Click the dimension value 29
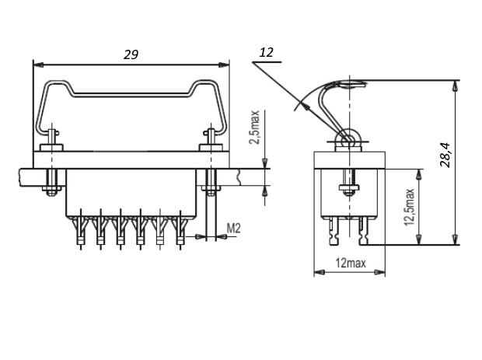pos(131,54)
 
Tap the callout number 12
pos(266,52)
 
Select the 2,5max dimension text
pos(254,128)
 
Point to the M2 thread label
pos(233,227)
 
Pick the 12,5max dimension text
pos(408,207)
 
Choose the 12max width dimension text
pos(351,263)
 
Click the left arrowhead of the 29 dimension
pos(37,65)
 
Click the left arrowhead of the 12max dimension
pos(318,272)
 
